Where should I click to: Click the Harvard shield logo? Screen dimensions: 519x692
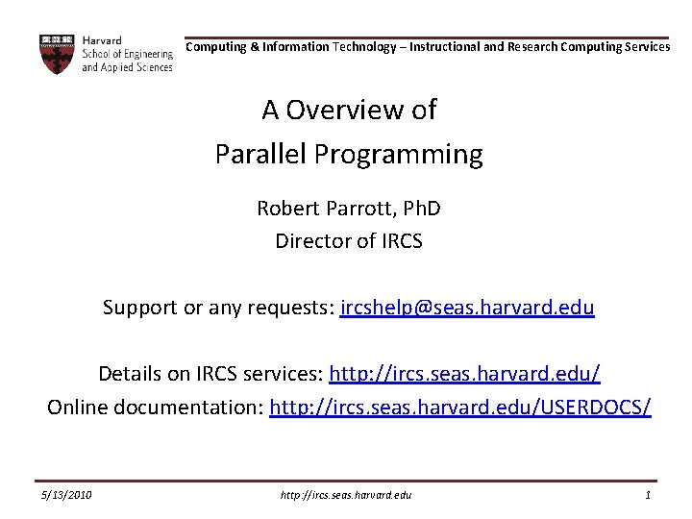click(x=57, y=54)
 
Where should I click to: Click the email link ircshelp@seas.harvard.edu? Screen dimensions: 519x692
click(x=467, y=309)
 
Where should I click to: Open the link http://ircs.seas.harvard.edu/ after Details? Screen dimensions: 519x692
click(x=464, y=373)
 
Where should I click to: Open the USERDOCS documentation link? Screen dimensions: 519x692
click(x=460, y=407)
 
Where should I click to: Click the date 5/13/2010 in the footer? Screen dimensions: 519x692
click(x=66, y=494)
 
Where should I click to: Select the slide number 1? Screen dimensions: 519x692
click(x=649, y=494)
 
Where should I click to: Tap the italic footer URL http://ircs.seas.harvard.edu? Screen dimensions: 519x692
click(x=346, y=494)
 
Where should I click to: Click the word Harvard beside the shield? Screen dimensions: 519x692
click(x=102, y=41)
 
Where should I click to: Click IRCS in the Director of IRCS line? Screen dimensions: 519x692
click(x=397, y=240)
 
